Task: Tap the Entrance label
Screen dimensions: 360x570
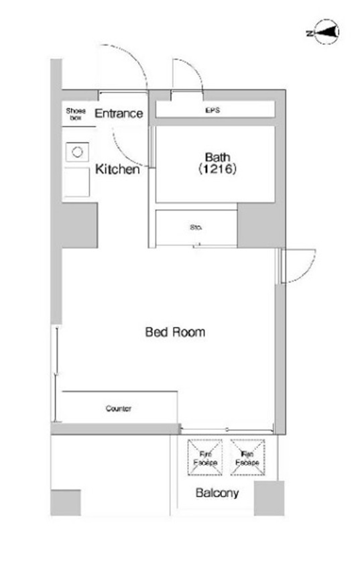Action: point(119,113)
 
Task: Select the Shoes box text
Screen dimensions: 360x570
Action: point(76,114)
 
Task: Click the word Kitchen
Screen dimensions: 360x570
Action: point(117,169)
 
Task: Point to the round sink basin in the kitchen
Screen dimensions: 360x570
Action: point(77,152)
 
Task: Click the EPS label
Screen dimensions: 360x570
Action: point(213,110)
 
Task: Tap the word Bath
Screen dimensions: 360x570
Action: point(218,158)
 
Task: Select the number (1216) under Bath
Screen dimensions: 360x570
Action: point(218,169)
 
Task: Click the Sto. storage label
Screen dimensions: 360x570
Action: point(196,227)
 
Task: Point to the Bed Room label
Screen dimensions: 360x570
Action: point(175,332)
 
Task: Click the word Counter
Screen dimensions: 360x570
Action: point(119,408)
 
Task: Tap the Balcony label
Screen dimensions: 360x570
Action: point(217,493)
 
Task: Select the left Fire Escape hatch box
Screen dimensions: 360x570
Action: point(205,457)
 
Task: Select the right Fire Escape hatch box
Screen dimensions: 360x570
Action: point(247,457)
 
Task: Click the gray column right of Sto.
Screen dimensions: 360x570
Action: point(261,225)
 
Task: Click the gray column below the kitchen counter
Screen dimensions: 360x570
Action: point(80,225)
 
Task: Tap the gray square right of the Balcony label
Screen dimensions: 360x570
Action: point(269,498)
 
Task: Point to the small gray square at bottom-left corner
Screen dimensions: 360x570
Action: point(66,503)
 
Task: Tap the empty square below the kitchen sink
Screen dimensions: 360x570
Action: point(77,182)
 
